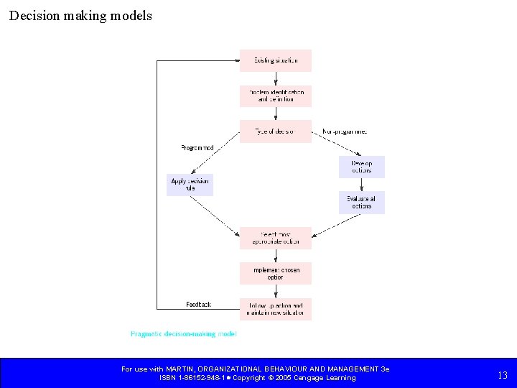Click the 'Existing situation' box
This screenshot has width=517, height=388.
point(276,60)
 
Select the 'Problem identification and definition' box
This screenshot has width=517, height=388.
point(276,96)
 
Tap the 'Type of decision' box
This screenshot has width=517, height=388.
point(276,131)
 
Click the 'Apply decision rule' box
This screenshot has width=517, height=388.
point(190,185)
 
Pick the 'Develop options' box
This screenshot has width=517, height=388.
point(362,167)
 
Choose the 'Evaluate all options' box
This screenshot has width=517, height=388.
point(362,202)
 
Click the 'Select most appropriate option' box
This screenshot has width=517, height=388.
point(276,238)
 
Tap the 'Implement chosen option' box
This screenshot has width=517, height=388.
point(276,273)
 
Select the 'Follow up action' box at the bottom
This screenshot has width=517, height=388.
point(276,309)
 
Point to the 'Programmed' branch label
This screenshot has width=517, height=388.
point(197,148)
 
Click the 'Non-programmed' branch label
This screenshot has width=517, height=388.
point(345,131)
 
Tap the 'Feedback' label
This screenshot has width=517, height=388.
point(198,305)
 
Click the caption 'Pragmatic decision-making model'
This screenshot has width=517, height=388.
point(183,334)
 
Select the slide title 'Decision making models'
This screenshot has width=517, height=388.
point(80,15)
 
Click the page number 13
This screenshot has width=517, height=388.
point(503,374)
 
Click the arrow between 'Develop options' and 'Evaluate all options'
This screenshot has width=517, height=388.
point(362,185)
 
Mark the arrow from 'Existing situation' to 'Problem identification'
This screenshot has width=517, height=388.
point(276,78)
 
